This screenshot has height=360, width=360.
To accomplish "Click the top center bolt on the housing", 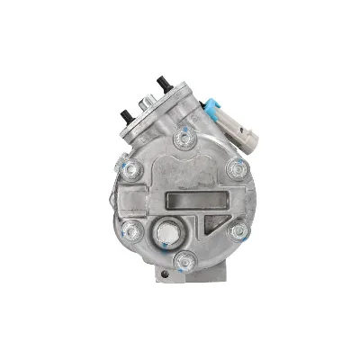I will [185, 138].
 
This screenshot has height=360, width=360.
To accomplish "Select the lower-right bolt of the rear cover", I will [238, 230].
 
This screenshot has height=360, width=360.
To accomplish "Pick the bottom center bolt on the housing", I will [185, 262].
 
